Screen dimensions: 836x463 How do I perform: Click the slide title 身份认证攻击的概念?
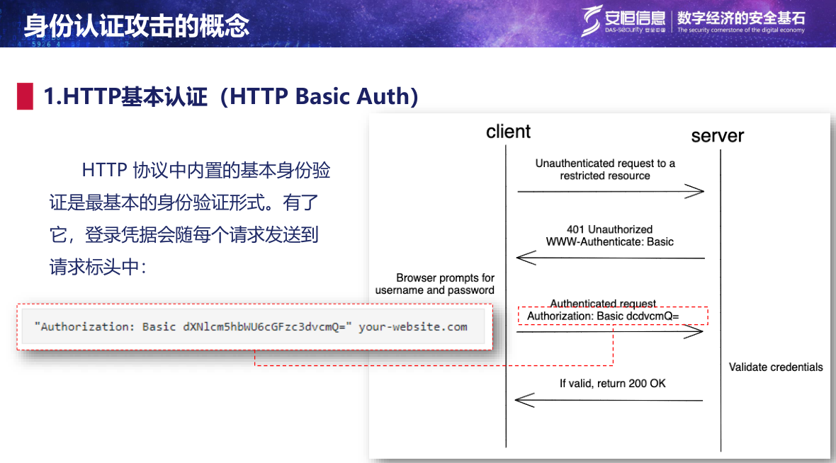(x=137, y=25)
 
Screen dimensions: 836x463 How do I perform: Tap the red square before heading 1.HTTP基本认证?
(x=25, y=96)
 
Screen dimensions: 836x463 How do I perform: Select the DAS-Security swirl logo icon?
(x=591, y=21)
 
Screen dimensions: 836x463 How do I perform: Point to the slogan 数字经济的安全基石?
(x=741, y=18)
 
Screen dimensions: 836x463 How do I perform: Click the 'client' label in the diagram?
(x=508, y=132)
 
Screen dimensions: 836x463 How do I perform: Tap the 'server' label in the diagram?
(x=717, y=136)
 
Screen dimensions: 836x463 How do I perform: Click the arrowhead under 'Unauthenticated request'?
(x=695, y=191)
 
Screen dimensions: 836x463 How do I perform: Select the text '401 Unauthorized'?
(x=609, y=229)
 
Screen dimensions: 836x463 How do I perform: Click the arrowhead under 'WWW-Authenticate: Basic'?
(x=526, y=258)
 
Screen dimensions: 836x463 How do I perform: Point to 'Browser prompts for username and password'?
(x=434, y=284)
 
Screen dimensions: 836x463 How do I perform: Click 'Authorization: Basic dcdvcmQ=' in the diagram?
(x=603, y=316)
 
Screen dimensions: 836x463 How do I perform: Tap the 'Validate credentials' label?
(x=776, y=367)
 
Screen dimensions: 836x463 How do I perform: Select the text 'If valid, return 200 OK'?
(x=613, y=383)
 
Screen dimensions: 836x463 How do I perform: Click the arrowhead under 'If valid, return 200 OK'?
(x=525, y=400)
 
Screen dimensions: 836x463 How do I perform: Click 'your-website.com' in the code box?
(x=412, y=326)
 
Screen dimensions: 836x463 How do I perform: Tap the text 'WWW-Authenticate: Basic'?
(x=609, y=242)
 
